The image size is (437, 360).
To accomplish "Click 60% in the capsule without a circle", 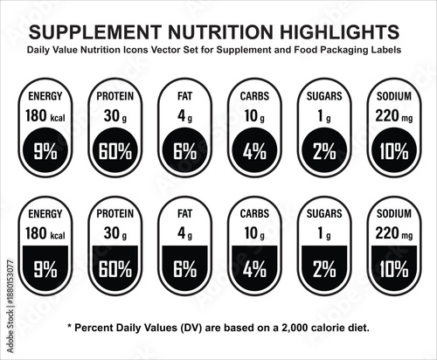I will click(114, 269).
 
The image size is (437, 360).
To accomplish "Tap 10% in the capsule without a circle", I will click(393, 269).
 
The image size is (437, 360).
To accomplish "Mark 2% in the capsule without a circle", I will click(323, 269).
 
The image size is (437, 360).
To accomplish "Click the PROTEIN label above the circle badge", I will click(114, 94).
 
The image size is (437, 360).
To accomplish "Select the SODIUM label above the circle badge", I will click(393, 94).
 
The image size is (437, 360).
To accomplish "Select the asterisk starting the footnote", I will click(70, 327).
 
